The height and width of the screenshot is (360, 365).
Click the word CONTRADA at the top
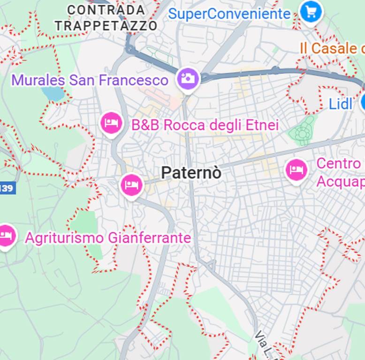tap(106, 10)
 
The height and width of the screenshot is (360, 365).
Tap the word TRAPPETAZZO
tap(106, 26)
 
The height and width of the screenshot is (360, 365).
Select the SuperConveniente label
tap(229, 14)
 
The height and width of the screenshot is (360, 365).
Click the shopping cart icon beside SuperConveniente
tap(310, 11)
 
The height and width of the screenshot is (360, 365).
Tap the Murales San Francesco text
tap(90, 80)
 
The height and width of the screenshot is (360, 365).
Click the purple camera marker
tap(188, 78)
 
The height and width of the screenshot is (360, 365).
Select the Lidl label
tap(340, 104)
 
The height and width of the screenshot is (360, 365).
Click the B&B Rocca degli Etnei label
tap(205, 125)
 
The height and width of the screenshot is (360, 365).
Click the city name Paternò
tap(191, 173)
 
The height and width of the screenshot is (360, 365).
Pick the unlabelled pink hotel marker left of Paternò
tap(132, 185)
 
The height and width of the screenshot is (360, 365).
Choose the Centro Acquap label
tap(340, 172)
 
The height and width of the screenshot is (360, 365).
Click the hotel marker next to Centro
tap(296, 170)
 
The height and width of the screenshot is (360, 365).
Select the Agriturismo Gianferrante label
tap(108, 238)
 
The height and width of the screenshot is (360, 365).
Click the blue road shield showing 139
tap(7, 188)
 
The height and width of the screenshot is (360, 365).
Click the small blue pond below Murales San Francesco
tap(54, 94)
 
